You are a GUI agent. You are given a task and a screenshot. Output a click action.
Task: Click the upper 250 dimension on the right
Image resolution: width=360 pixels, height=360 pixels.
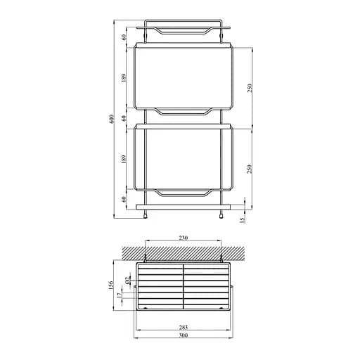(250, 87)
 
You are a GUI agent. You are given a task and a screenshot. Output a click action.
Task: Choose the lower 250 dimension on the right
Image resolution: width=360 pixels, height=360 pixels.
(250, 169)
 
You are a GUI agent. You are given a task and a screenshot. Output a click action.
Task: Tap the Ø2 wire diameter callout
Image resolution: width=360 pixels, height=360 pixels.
(127, 281)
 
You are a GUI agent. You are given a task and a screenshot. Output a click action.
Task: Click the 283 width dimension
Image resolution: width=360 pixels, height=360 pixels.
(183, 326)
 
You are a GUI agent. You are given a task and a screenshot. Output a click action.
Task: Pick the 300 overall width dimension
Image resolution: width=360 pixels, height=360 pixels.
(183, 335)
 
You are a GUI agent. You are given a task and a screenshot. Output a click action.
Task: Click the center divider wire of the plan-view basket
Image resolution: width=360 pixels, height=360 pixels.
(184, 287)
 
